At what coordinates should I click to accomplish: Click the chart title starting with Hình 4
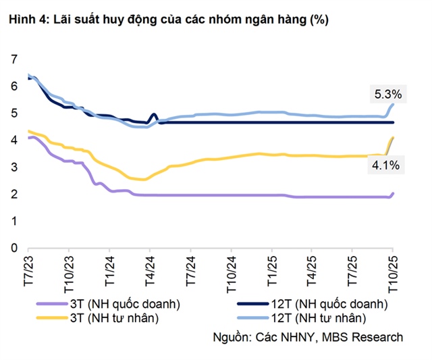168,20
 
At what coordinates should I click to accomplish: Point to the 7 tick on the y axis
13,59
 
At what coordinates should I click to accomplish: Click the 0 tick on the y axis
13,248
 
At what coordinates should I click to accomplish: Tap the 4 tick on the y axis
13,140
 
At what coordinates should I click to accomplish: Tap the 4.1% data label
387,164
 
